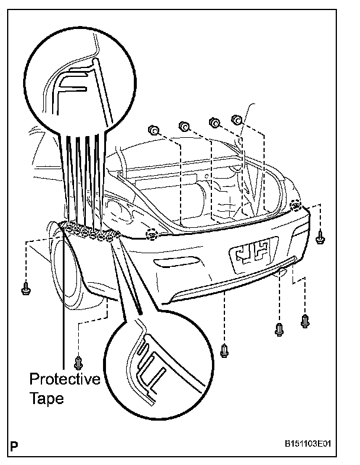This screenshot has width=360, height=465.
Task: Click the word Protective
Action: pos(65,379)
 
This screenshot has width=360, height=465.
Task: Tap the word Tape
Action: pos(46,398)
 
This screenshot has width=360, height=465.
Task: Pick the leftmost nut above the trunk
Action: pos(152,130)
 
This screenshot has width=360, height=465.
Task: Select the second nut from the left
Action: pos(184,125)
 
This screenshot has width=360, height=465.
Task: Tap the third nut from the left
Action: pos(214,122)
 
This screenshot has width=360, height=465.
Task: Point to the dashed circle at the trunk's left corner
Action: pos(152,234)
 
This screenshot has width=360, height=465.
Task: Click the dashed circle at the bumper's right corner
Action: pos(297,206)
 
